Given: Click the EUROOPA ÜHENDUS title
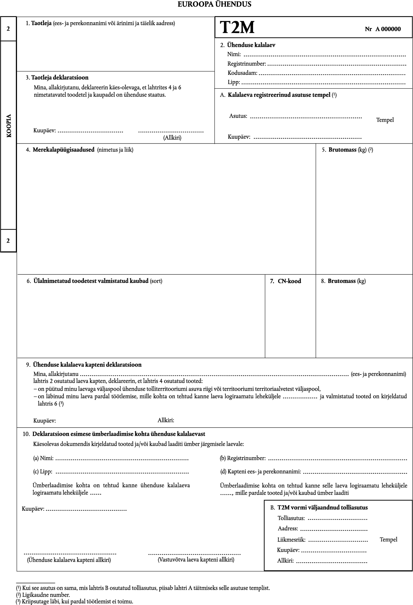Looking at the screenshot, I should [214, 4].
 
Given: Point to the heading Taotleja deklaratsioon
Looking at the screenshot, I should [60, 78].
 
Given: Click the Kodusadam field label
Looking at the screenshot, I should [242, 73].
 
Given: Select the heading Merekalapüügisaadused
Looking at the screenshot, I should [63, 150].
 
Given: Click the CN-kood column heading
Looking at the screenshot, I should [289, 281].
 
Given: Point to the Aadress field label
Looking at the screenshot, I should [288, 528].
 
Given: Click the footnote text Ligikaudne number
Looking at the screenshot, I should [46, 595].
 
